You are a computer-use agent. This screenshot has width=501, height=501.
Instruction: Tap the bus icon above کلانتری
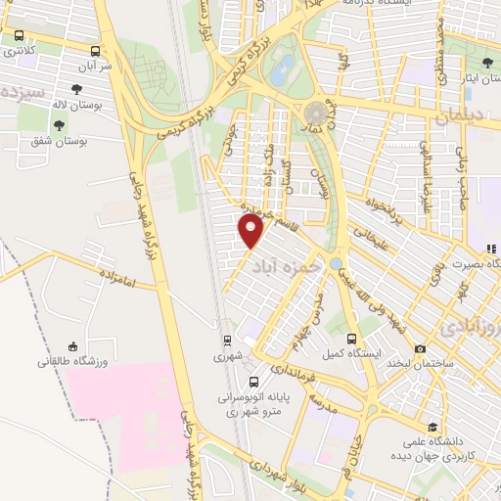19,35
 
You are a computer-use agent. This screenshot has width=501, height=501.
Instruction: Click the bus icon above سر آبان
95,51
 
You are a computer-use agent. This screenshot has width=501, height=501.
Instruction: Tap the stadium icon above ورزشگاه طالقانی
71,345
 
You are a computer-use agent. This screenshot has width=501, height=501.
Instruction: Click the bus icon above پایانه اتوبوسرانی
254,382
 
